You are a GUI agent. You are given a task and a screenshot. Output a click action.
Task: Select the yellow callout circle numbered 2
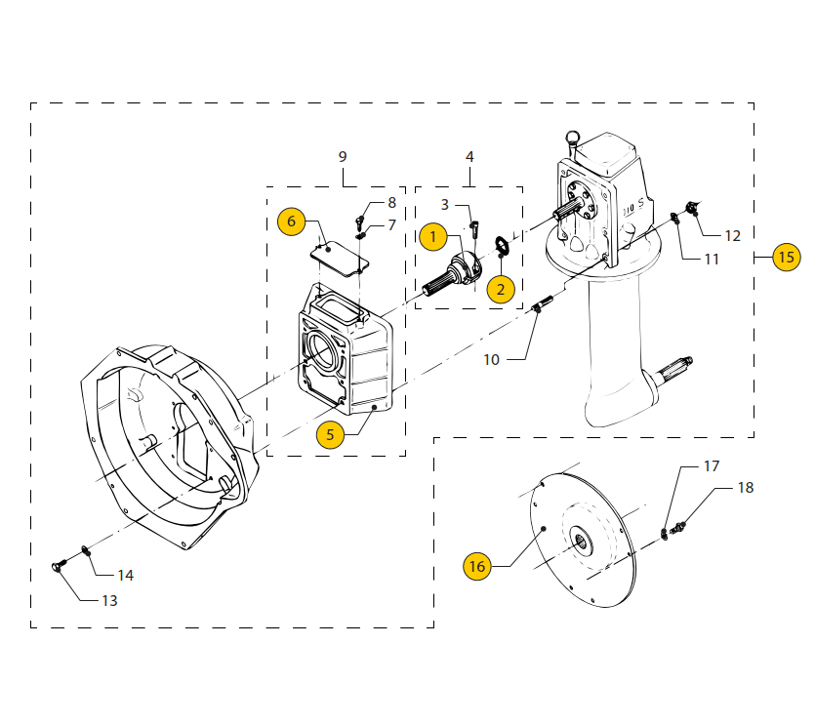[501, 288]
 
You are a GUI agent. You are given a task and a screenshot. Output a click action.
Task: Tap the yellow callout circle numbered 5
[330, 434]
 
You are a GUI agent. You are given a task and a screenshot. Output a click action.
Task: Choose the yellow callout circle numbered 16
[476, 566]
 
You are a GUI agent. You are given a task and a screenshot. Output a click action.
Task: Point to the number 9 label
[343, 156]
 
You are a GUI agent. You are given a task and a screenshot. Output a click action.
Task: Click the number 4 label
[469, 156]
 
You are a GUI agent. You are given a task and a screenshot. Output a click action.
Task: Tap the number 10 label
[491, 359]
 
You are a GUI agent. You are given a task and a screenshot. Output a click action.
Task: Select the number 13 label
[109, 600]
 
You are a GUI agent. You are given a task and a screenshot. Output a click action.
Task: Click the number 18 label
[745, 488]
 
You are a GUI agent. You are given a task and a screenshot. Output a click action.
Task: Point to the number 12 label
[732, 235]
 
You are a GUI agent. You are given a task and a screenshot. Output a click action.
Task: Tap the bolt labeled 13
[58, 565]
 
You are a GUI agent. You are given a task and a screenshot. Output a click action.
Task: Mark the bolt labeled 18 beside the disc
[679, 528]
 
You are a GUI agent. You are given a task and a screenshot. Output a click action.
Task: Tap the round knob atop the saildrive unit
[572, 138]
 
